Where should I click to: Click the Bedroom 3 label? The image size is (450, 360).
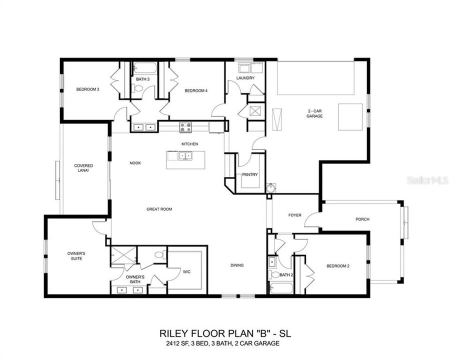(87, 89)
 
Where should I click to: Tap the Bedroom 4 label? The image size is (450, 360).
(196, 90)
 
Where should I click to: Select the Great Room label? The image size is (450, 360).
(159, 209)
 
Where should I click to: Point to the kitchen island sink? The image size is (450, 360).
(185, 156)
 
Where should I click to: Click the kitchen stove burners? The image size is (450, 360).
(185, 127)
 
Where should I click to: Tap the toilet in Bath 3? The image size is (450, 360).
(136, 88)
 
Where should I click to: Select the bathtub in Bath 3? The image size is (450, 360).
(145, 68)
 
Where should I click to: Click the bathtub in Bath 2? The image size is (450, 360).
(281, 288)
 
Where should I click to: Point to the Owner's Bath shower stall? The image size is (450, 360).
(123, 255)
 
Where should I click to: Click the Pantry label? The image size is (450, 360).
(249, 174)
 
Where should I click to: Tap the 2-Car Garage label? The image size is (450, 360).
(314, 113)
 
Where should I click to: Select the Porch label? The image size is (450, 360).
(362, 219)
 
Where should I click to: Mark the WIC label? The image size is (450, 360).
(186, 271)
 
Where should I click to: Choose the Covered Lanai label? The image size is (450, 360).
(83, 168)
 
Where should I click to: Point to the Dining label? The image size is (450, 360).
(237, 265)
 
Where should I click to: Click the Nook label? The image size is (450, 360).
(135, 163)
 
